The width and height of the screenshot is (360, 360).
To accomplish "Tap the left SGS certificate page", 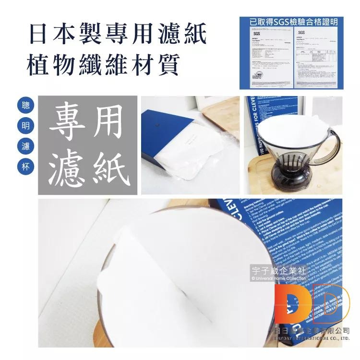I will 267,57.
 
